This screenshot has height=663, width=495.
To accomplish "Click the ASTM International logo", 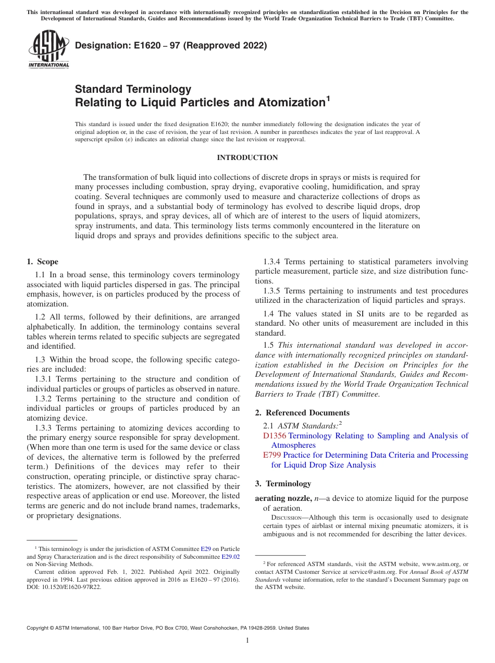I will tap(48, 50).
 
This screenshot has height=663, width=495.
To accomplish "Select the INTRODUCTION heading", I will tap(247, 157).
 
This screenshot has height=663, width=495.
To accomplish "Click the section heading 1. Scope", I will tap(43, 262).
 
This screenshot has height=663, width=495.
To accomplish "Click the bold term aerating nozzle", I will tap(282, 498).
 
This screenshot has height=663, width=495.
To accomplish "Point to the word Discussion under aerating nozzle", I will tap(286, 518).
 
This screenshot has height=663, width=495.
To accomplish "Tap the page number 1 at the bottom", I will tap(247, 641).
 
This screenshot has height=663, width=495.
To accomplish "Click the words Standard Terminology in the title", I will tap(133, 89).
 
